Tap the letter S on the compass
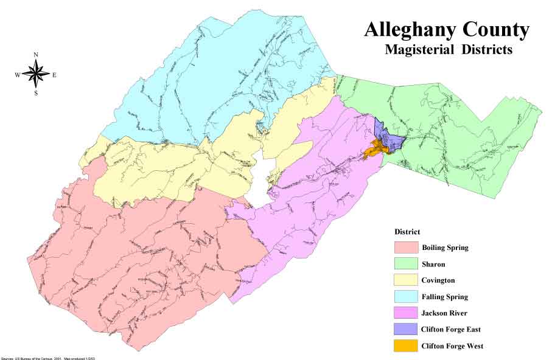(x=36, y=93)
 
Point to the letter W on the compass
(x=17, y=75)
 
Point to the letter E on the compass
(x=54, y=75)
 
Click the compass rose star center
(x=36, y=74)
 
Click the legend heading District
(x=407, y=232)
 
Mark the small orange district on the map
(x=376, y=149)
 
